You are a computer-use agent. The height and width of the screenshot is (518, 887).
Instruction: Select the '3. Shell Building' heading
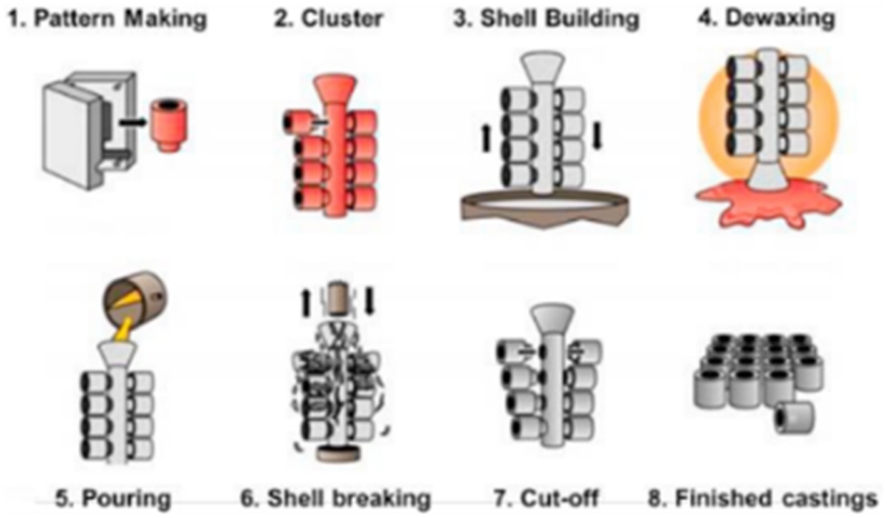(x=546, y=19)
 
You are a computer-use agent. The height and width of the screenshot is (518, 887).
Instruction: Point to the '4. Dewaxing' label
(x=766, y=19)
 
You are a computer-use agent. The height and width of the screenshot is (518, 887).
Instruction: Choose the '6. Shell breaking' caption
(x=336, y=499)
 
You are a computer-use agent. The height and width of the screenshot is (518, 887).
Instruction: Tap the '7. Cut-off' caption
(x=546, y=499)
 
